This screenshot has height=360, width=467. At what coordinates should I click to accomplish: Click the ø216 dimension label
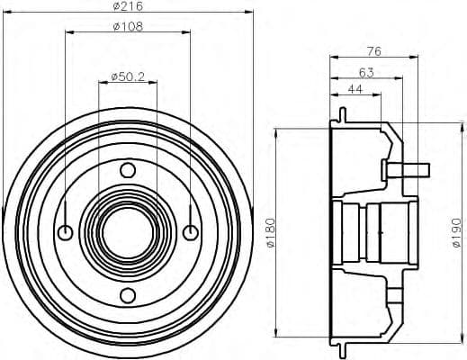128,8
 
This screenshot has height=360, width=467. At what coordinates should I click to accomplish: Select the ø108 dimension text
128,27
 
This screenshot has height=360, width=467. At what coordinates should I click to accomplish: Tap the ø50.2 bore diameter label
128,76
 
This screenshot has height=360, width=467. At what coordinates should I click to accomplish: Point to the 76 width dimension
375,51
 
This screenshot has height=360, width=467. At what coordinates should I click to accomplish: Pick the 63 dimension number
366,71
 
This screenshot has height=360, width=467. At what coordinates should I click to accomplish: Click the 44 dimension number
355,90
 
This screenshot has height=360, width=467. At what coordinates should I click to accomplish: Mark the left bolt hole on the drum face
65,233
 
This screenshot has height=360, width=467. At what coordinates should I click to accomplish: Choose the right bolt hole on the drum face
190,233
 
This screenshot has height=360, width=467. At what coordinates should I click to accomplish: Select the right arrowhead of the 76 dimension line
416,59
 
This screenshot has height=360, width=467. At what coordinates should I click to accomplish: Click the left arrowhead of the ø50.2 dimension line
100,84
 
